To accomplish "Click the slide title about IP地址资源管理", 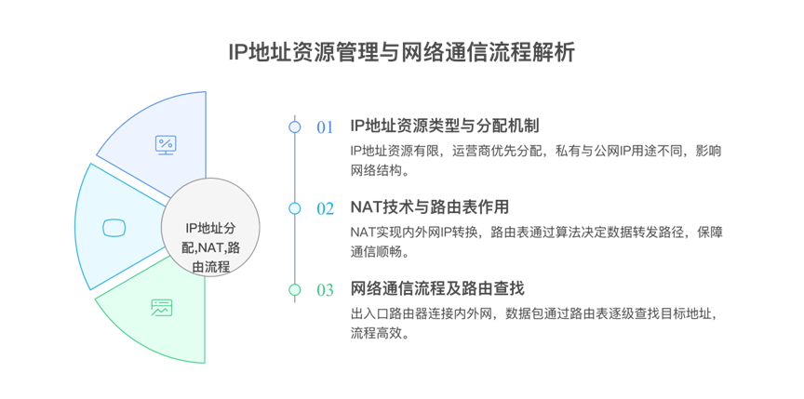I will (401, 52).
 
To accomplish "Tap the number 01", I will (324, 126).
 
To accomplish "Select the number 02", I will (324, 208).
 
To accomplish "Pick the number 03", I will (324, 290).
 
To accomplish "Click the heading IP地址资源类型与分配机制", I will (445, 126).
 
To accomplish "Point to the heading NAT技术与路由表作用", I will (429, 207).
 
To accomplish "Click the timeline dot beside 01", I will (295, 126).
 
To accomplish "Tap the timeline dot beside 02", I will (295, 208).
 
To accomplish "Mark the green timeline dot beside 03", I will (295, 290).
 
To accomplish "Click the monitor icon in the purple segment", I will (166, 145).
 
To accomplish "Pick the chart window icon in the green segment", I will (161, 307).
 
